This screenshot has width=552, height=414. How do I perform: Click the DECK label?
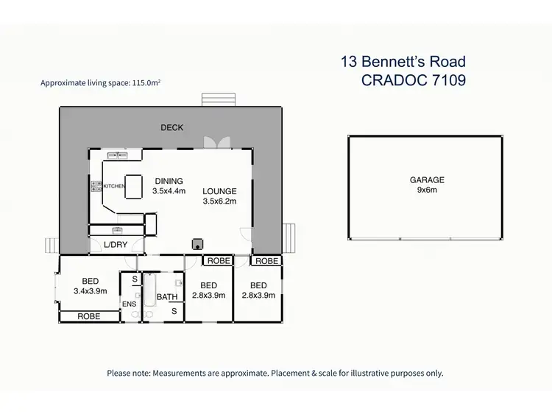(172, 128)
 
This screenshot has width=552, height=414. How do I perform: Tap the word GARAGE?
(427, 179)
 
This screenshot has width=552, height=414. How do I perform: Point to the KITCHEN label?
(113, 186)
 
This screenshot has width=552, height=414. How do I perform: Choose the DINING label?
(169, 181)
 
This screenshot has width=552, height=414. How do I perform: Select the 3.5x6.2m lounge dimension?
(220, 201)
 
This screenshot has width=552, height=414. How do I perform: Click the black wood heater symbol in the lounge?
(197, 243)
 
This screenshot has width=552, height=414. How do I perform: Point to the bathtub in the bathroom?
(149, 290)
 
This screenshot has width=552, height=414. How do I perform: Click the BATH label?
(168, 297)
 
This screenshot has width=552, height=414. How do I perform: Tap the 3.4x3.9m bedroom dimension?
(91, 290)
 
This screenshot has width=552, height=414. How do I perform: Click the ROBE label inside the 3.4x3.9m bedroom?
(90, 316)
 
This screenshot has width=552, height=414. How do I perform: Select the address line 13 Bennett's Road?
(403, 62)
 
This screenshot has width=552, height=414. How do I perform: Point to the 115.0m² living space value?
(144, 83)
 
